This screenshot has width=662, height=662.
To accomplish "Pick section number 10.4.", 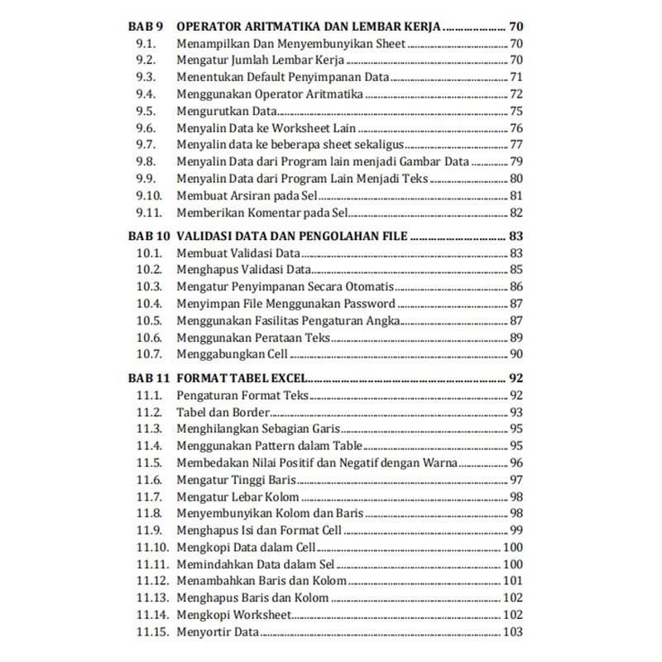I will coord(149,304).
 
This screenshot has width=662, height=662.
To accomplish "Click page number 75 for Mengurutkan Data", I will coord(516,111).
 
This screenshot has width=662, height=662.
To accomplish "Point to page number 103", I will coord(512,632).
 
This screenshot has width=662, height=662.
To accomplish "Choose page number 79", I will coord(516,161).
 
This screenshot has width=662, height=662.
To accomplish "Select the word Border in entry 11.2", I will coord(250,412).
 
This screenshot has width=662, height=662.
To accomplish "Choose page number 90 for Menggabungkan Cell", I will coord(516,354).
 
